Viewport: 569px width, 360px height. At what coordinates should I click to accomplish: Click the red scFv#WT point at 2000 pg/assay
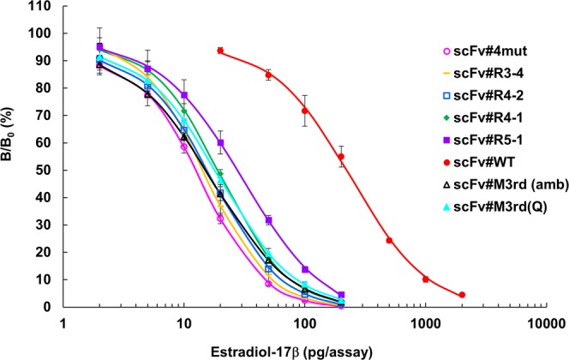pyautogui.click(x=462, y=295)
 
